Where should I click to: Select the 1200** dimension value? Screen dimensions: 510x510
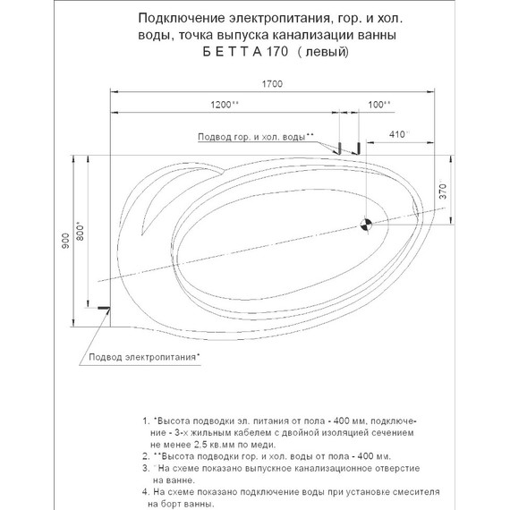point(224,105)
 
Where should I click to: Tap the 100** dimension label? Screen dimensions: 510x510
point(379,105)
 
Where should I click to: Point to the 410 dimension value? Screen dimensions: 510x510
point(398,134)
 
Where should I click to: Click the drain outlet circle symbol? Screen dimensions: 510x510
point(365,225)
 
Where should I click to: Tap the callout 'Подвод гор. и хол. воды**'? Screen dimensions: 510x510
point(255,136)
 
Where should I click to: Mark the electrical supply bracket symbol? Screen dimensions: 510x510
point(104,309)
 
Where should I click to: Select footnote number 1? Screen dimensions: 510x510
point(146,420)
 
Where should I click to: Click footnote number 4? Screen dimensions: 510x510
point(146,491)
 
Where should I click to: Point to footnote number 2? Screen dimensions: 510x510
point(146,455)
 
